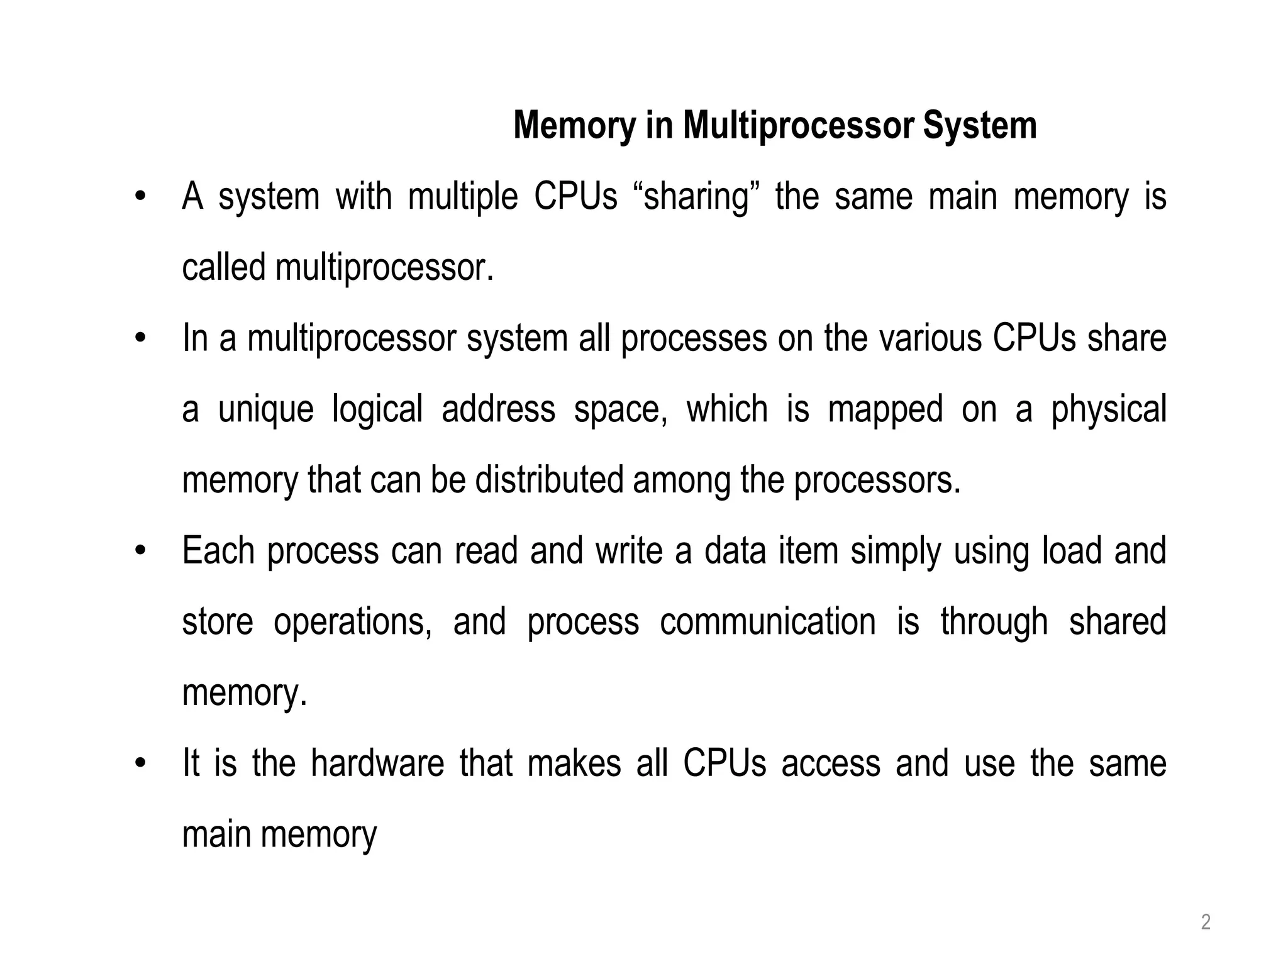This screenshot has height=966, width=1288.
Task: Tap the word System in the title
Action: click(980, 126)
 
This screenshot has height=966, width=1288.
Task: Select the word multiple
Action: click(463, 197)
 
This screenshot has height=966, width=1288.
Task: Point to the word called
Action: click(223, 267)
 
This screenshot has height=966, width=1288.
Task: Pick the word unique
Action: click(265, 409)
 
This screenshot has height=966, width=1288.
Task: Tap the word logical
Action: click(377, 409)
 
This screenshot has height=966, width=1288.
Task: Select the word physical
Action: click(1109, 409)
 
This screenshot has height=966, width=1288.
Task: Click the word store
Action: click(218, 622)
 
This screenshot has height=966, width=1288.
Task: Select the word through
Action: click(994, 622)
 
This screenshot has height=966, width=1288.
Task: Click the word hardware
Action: click(377, 764)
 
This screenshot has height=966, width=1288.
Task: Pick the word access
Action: click(831, 764)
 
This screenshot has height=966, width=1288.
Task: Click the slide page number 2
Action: click(1206, 923)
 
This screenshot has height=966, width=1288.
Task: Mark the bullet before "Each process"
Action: click(140, 552)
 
